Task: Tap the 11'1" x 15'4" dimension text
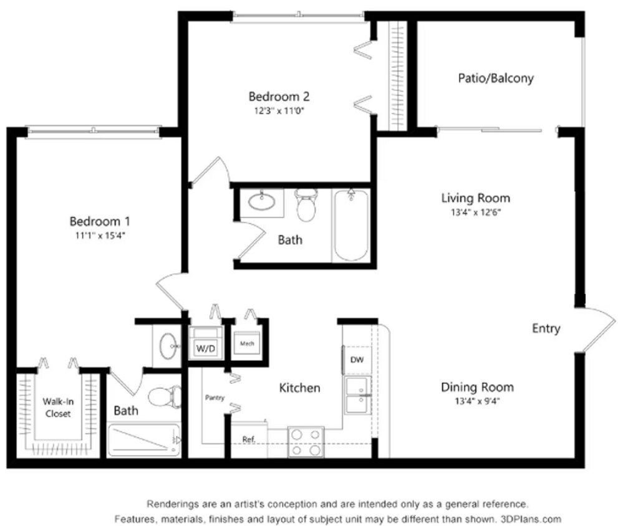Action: (x=99, y=236)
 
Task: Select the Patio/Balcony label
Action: (x=496, y=79)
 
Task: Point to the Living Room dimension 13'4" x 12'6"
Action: (x=475, y=212)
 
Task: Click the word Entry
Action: (x=546, y=328)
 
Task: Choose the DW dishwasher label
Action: (x=357, y=360)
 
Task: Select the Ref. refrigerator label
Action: (x=249, y=439)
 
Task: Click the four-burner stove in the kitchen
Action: (x=306, y=441)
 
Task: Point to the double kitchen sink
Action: (x=359, y=395)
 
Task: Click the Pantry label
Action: (x=215, y=397)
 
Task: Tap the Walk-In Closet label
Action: (x=57, y=408)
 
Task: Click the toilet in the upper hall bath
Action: (x=306, y=206)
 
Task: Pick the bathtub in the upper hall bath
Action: (x=350, y=226)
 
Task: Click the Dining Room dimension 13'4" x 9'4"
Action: (x=477, y=401)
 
